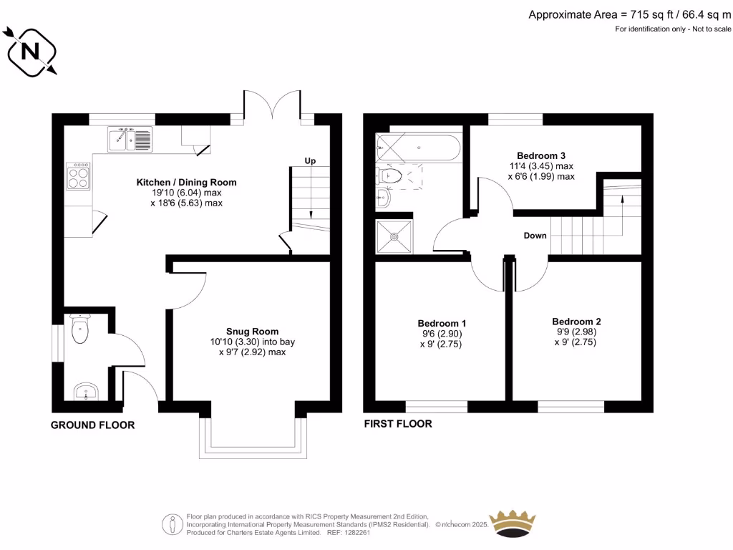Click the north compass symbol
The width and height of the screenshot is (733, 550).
click(31, 51)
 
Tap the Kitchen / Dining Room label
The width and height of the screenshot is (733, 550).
click(186, 183)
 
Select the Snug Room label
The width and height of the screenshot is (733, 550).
click(252, 332)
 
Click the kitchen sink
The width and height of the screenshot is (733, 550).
click(130, 139)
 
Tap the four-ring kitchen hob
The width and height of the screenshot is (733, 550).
click(78, 175)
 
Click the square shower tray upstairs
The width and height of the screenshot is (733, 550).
click(394, 236)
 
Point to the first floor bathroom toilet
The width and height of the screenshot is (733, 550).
click(390, 175)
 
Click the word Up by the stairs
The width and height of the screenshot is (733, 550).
click(310, 161)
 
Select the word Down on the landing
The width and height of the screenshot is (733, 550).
click(535, 236)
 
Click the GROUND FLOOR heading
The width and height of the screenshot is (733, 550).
click(92, 425)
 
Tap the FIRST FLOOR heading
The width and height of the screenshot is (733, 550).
click(397, 424)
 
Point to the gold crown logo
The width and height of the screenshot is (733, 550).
click(512, 524)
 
